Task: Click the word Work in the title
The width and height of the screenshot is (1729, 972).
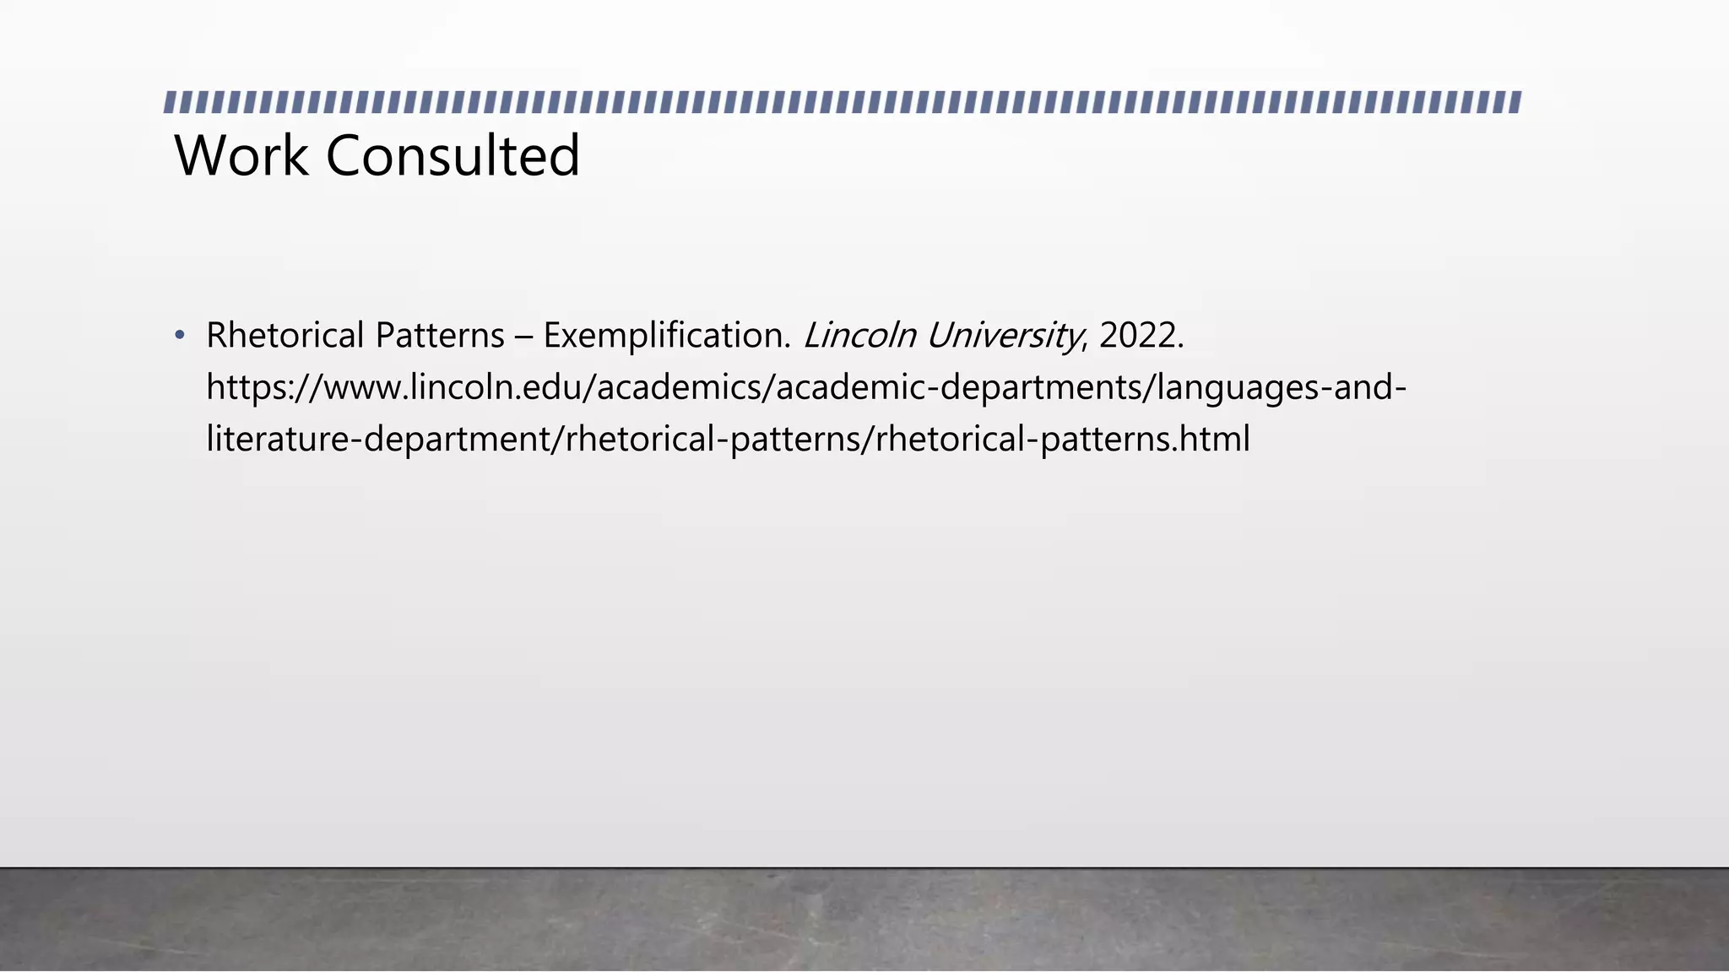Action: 241,156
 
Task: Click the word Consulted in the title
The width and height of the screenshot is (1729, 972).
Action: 453,156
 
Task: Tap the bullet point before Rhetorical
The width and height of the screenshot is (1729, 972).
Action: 179,336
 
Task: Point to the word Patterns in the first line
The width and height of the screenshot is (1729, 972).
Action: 440,336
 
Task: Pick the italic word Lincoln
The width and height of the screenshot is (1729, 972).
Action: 859,336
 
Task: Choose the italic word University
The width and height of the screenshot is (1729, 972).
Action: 1004,336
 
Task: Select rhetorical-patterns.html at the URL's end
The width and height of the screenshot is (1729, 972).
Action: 1062,440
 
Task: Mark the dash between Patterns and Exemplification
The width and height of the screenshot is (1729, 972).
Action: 523,336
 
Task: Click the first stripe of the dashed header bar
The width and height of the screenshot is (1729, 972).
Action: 170,103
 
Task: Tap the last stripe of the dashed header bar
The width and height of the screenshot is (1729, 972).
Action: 1515,103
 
